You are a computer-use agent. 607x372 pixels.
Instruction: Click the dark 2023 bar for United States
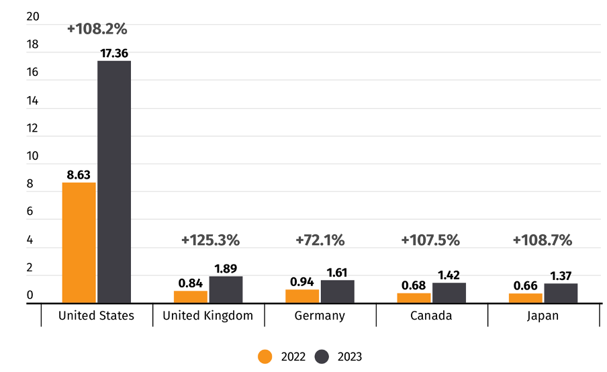point(114,181)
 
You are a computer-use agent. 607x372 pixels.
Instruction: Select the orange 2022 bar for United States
point(79,242)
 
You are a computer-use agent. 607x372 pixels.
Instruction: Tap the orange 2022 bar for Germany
point(302,296)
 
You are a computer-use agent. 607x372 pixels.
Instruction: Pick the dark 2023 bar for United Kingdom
point(226,289)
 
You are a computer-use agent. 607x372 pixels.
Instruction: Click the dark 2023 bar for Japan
point(561,293)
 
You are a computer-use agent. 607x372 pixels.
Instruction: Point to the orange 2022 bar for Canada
point(414,298)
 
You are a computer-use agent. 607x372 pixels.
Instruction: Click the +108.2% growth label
point(97,29)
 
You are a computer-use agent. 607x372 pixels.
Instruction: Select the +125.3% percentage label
point(210,240)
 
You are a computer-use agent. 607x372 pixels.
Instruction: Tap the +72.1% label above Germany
point(320,240)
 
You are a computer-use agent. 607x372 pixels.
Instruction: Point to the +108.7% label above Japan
point(542,240)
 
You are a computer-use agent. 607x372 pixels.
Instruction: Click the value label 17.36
point(113,52)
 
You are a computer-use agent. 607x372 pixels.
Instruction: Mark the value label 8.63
point(79,175)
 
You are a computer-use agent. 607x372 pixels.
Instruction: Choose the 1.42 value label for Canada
point(449,275)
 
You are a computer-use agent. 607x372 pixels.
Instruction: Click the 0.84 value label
point(191,283)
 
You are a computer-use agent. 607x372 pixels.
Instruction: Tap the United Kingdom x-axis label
point(208,316)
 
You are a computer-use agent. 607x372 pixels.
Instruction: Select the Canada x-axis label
point(431,316)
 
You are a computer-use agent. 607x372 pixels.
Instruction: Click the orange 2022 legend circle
point(266,357)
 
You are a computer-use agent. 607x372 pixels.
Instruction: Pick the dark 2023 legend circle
point(322,357)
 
